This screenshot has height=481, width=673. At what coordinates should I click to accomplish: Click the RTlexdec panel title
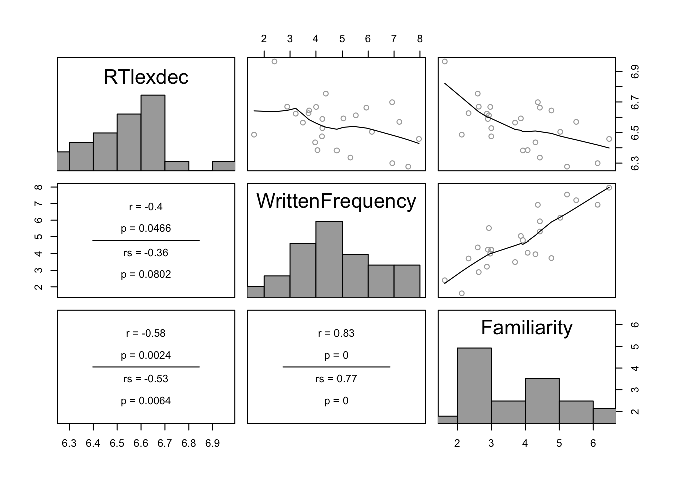click(146, 77)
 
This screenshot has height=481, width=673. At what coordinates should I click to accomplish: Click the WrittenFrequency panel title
click(336, 202)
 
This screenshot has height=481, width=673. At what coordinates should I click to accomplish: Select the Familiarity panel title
click(527, 328)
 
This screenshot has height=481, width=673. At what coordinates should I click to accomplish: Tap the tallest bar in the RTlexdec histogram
click(153, 133)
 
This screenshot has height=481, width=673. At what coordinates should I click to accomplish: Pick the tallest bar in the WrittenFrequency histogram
click(328, 259)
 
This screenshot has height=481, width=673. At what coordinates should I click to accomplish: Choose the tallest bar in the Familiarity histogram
click(474, 386)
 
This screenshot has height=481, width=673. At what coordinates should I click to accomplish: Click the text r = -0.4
click(146, 207)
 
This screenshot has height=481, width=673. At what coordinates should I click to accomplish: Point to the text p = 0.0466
click(146, 229)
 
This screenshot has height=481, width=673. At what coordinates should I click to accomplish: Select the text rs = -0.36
click(146, 253)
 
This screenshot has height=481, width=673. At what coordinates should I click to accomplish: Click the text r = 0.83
click(336, 333)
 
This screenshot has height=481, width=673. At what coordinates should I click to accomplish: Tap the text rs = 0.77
click(336, 379)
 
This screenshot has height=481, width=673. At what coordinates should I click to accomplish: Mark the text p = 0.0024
click(146, 355)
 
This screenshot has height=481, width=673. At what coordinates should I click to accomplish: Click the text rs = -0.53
click(146, 379)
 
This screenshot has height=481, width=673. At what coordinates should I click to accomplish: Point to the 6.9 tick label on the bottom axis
click(213, 443)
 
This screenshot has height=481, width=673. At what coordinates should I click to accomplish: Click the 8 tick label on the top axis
click(420, 39)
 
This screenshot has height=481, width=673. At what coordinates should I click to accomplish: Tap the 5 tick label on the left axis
click(39, 237)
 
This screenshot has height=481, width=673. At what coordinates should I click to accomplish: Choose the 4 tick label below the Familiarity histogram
click(525, 443)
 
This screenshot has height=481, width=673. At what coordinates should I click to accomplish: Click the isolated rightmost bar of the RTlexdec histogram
click(224, 166)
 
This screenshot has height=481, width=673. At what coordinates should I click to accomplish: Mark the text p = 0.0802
click(146, 274)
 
